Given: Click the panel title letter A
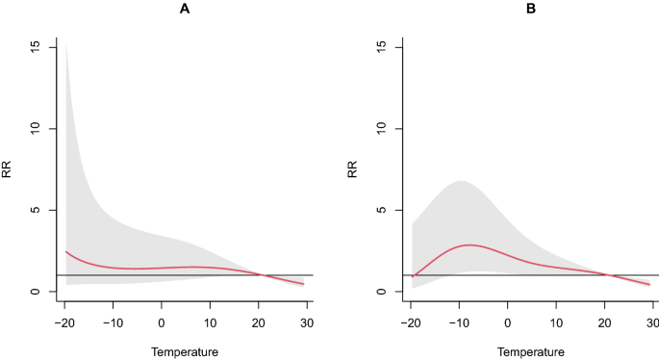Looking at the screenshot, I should (x=185, y=9).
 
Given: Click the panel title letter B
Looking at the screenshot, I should (x=531, y=9).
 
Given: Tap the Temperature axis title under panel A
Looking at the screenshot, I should (x=185, y=351).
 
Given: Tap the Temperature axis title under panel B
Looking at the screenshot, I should (x=531, y=351).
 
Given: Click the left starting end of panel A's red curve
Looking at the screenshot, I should (x=65, y=251).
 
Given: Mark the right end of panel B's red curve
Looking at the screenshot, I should (x=650, y=285).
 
